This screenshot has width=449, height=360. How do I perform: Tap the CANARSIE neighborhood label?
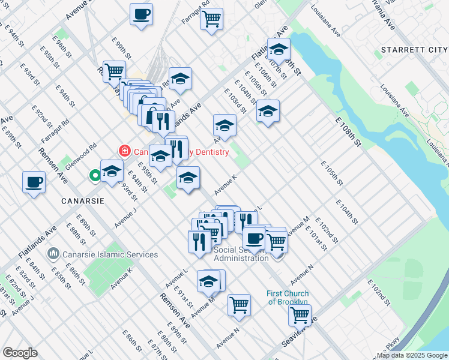coord(83,200)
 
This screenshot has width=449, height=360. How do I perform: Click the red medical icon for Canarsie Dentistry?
coord(124,151)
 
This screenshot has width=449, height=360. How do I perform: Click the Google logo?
coord(20,353)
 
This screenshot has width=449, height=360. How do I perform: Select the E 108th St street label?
coord(348,133)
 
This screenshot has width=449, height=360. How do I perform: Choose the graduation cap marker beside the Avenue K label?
coord(188,178)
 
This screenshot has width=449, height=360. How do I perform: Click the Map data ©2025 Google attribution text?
coord(412,355)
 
